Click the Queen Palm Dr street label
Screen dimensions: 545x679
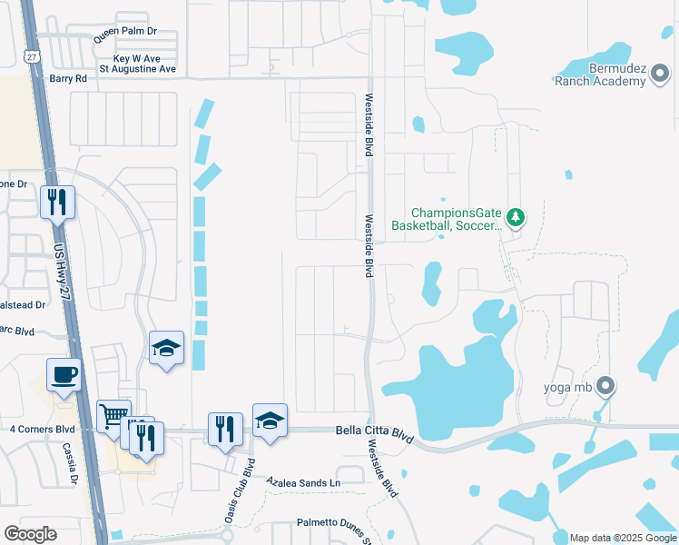[125, 32]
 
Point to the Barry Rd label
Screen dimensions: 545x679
[68, 79]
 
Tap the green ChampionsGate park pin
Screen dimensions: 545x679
[516, 217]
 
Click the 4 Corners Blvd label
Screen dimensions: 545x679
[43, 429]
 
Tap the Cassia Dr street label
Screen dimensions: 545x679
[71, 463]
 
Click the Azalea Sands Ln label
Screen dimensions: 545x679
[302, 482]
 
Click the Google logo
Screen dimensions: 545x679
[30, 534]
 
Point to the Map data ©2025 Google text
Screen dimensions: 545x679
[623, 538]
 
